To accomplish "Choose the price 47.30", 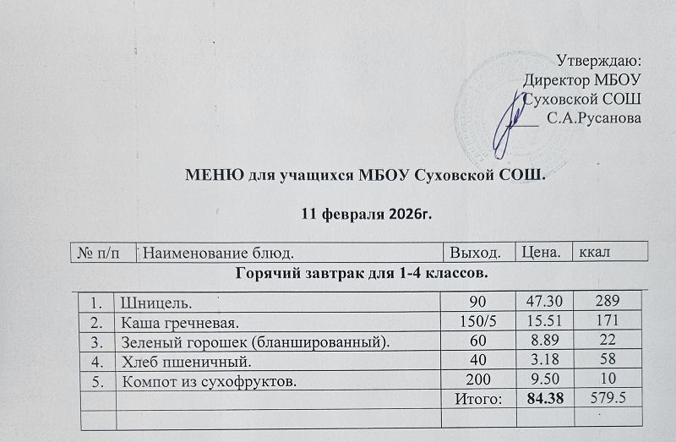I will (x=543, y=302).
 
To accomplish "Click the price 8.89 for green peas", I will (x=544, y=341).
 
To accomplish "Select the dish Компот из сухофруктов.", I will (x=210, y=381).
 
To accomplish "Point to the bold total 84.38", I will (x=544, y=400).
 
